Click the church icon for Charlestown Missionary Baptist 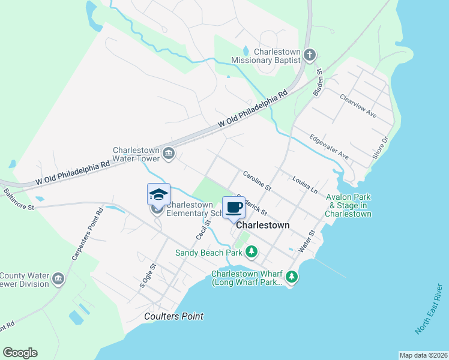[x=310, y=55]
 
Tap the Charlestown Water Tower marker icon [x=169, y=154]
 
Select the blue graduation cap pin [x=158, y=194]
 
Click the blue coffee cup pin [x=234, y=208]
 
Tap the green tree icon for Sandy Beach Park [x=253, y=252]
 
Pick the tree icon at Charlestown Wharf [x=292, y=277]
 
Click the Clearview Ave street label [x=357, y=106]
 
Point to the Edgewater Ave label [x=328, y=146]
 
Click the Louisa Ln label [x=304, y=184]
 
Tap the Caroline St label [x=258, y=181]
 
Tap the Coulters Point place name [x=174, y=316]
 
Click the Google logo [x=20, y=353]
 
